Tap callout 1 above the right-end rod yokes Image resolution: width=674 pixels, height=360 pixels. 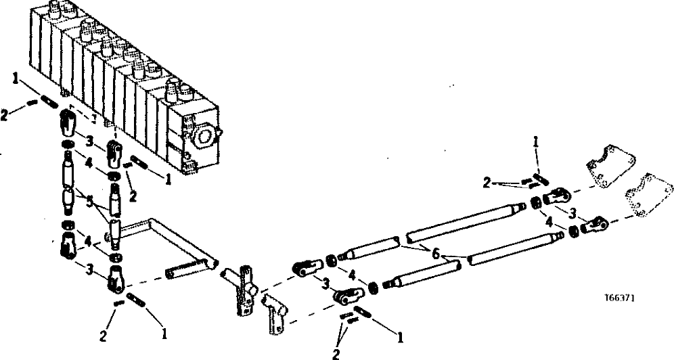[x=535, y=143]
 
